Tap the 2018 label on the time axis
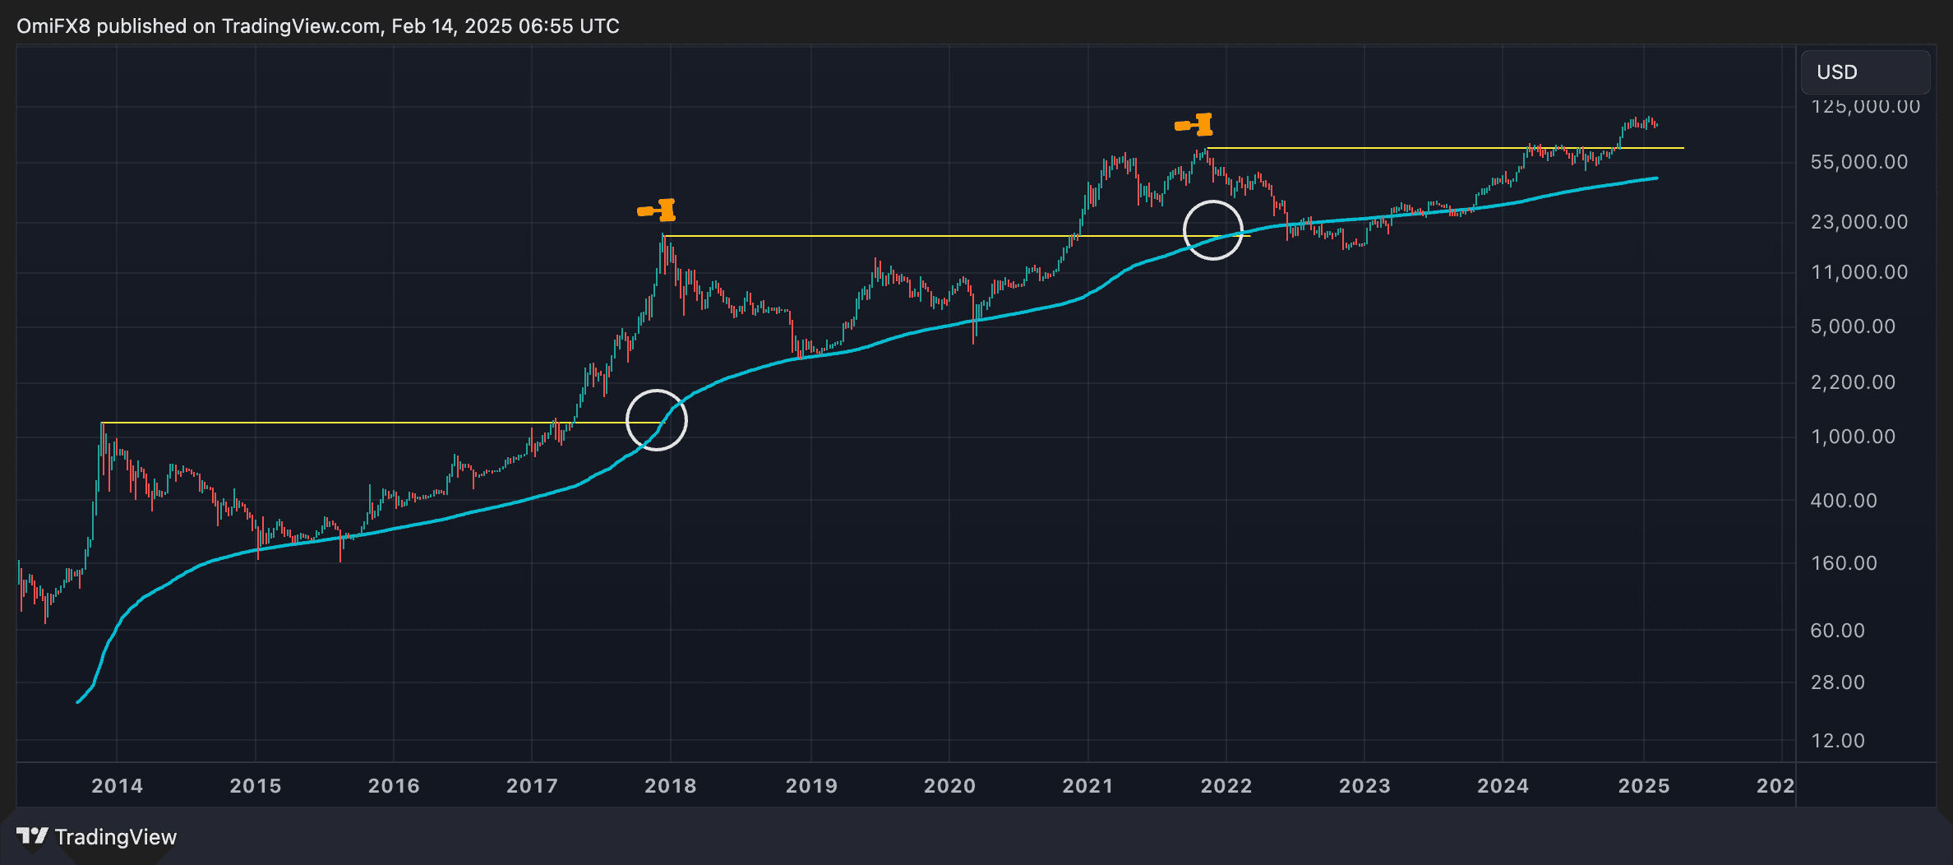pos(670,786)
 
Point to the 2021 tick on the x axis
pos(1087,786)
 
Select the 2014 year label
pos(117,786)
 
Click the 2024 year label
pos(1503,786)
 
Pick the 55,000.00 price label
pos(1858,162)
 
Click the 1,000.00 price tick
pos(1853,437)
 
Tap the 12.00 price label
pos(1837,741)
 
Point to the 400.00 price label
pos(1844,501)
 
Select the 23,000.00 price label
pos(1858,222)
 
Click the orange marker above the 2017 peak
pos(658,210)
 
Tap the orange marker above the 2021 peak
pos(1194,125)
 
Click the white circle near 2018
pos(657,420)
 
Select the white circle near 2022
pos(1213,230)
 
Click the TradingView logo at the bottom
pos(97,837)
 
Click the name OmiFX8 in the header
pos(53,26)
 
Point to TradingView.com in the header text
pos(300,26)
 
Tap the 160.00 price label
pos(1844,563)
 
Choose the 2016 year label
pos(394,786)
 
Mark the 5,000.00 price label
pos(1853,326)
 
